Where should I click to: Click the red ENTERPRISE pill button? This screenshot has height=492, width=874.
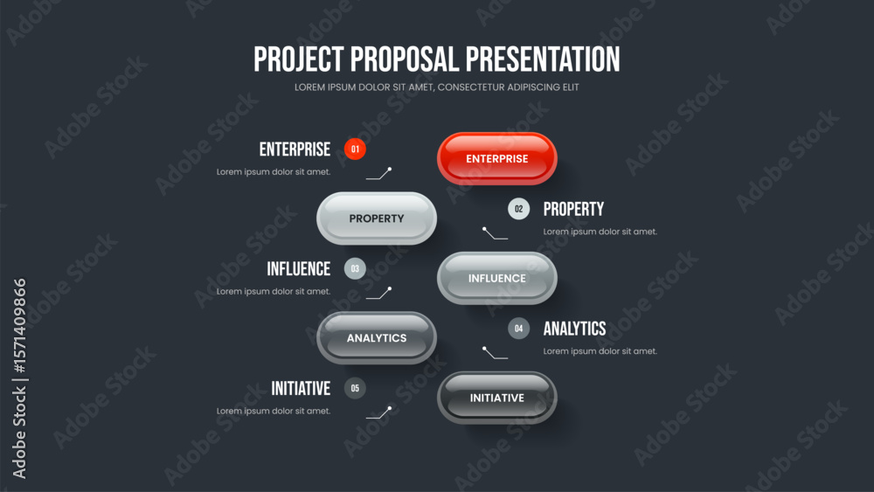point(497,159)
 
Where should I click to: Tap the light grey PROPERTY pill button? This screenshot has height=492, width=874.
point(377,218)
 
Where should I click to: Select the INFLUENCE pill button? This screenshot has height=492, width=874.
point(497,278)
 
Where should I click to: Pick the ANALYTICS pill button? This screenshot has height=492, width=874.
point(377,337)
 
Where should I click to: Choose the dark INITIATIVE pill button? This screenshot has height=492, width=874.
point(497,398)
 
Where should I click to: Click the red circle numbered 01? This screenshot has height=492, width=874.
point(355,149)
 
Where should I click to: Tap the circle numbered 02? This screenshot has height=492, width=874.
point(518,209)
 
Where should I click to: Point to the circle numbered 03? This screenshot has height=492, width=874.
point(355,268)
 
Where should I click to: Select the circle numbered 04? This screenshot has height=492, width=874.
point(518,329)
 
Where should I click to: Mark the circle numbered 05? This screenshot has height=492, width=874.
point(355,388)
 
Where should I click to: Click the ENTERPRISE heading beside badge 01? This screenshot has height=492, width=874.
point(295,149)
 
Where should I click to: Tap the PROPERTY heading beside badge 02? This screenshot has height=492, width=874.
point(573,210)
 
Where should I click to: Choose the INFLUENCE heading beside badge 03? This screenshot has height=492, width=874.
point(299,269)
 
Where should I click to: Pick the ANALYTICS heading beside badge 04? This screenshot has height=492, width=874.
point(575,329)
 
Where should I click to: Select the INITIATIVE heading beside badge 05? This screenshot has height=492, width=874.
point(301,388)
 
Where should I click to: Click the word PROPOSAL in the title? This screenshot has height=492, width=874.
point(406,59)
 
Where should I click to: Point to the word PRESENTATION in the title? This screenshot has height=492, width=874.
point(543,59)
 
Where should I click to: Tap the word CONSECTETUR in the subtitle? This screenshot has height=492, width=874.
point(472,87)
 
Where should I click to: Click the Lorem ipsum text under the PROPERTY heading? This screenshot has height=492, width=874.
point(600,232)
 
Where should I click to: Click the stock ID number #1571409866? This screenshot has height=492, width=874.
point(19,326)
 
